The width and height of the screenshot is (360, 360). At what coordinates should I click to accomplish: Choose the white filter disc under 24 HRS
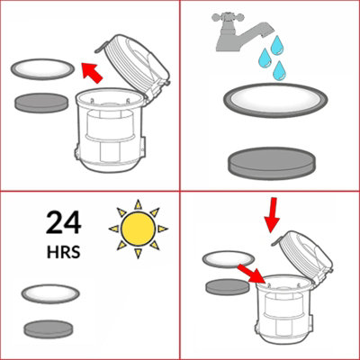[53, 295]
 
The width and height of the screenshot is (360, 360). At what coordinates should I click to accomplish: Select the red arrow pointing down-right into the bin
[250, 271]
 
